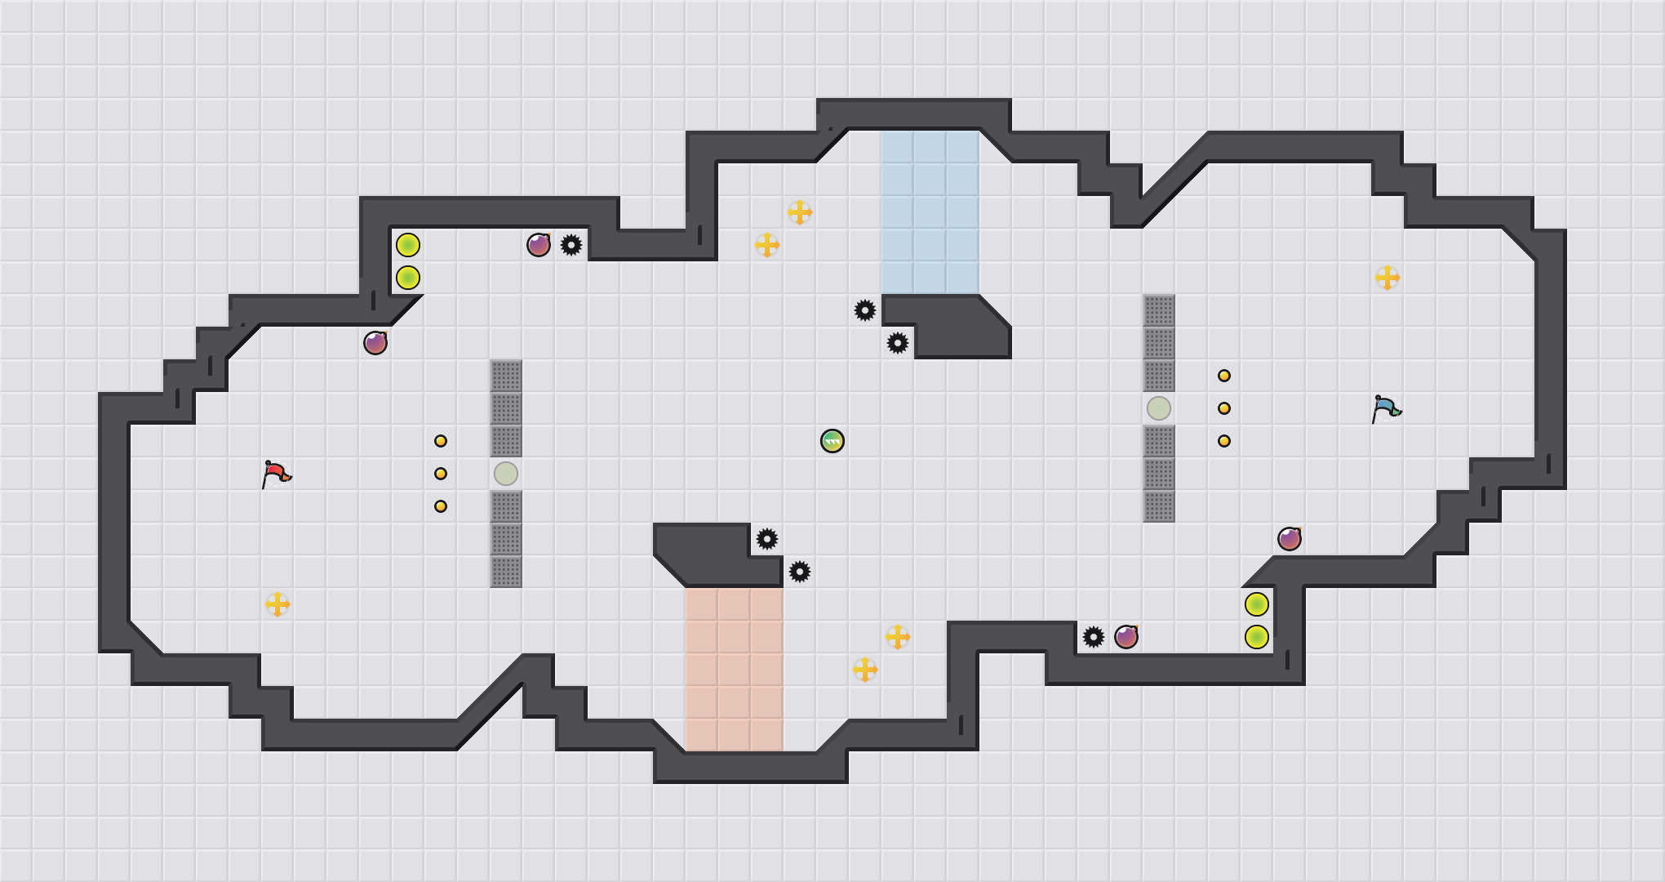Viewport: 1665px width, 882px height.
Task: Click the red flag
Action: point(276,474)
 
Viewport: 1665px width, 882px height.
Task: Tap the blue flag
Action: point(1386,408)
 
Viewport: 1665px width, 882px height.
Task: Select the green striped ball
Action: point(832,441)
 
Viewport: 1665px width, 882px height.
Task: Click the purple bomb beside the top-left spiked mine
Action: point(539,245)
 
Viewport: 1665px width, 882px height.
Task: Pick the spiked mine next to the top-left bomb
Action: point(571,245)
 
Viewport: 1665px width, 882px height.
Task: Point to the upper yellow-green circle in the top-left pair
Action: point(408,245)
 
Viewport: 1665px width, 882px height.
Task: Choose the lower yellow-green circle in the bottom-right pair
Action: point(1257,637)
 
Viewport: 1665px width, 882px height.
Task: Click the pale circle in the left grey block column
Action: point(506,474)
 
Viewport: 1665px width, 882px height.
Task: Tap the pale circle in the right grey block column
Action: point(1159,408)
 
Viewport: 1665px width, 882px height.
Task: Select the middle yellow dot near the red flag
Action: point(441,474)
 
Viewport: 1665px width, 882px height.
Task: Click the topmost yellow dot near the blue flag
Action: point(1224,376)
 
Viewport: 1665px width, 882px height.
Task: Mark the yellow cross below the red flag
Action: point(277,604)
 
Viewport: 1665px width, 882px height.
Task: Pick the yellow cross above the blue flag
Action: point(1387,278)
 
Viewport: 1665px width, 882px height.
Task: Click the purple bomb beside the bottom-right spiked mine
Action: point(1126,637)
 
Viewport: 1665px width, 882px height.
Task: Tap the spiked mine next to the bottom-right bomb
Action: point(1094,637)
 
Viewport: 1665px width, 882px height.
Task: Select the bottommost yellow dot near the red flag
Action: point(441,506)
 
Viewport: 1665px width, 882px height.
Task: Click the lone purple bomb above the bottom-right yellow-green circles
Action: point(1290,539)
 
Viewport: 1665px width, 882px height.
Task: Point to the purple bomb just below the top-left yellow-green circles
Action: point(375,343)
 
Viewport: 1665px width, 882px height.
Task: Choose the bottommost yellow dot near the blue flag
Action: point(1224,441)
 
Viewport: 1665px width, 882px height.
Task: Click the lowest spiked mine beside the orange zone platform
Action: point(800,572)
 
